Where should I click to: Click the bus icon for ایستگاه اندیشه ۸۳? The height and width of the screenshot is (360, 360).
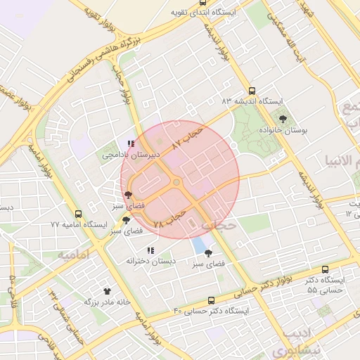click(x=252, y=90)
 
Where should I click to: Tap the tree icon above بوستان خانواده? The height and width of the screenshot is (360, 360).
click(x=283, y=120)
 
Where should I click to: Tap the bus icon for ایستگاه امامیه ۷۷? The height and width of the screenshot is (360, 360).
click(x=78, y=213)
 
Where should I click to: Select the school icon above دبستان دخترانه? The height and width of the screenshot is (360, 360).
click(x=150, y=250)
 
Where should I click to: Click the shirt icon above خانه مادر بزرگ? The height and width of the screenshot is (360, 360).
click(x=107, y=290)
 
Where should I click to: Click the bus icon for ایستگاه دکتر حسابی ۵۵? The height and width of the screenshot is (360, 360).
click(x=324, y=269)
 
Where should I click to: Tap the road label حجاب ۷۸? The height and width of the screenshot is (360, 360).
click(x=169, y=217)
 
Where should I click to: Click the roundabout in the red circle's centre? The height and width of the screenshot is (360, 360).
click(x=176, y=184)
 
